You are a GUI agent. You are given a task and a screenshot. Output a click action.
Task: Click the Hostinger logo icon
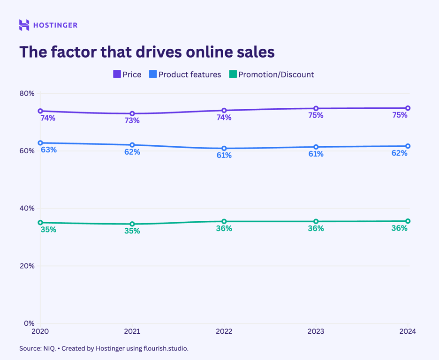click(24, 25)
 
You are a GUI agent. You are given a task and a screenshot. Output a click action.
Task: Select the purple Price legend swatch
click(117, 74)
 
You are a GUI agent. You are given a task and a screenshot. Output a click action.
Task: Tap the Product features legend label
click(189, 75)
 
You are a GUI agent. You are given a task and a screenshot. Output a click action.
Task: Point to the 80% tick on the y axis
click(27, 93)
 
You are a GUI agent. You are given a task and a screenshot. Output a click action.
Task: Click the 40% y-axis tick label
click(27, 208)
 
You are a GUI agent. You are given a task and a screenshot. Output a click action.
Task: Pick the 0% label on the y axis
click(29, 323)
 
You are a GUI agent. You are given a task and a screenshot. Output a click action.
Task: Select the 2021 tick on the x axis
click(132, 331)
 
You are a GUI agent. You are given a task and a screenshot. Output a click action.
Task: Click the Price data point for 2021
click(132, 114)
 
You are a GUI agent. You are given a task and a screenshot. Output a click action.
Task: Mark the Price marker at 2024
click(408, 108)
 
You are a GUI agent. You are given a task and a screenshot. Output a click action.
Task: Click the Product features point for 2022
click(224, 149)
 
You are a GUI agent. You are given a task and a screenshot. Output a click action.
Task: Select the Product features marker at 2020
click(40, 143)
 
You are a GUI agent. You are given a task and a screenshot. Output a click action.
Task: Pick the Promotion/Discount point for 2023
click(316, 221)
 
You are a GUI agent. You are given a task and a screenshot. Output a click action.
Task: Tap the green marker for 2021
click(132, 224)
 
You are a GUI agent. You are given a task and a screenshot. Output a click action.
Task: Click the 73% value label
click(132, 121)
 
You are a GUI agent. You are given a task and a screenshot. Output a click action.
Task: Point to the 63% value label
click(48, 150)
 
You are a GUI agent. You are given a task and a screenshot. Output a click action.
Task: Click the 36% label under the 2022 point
click(224, 229)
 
